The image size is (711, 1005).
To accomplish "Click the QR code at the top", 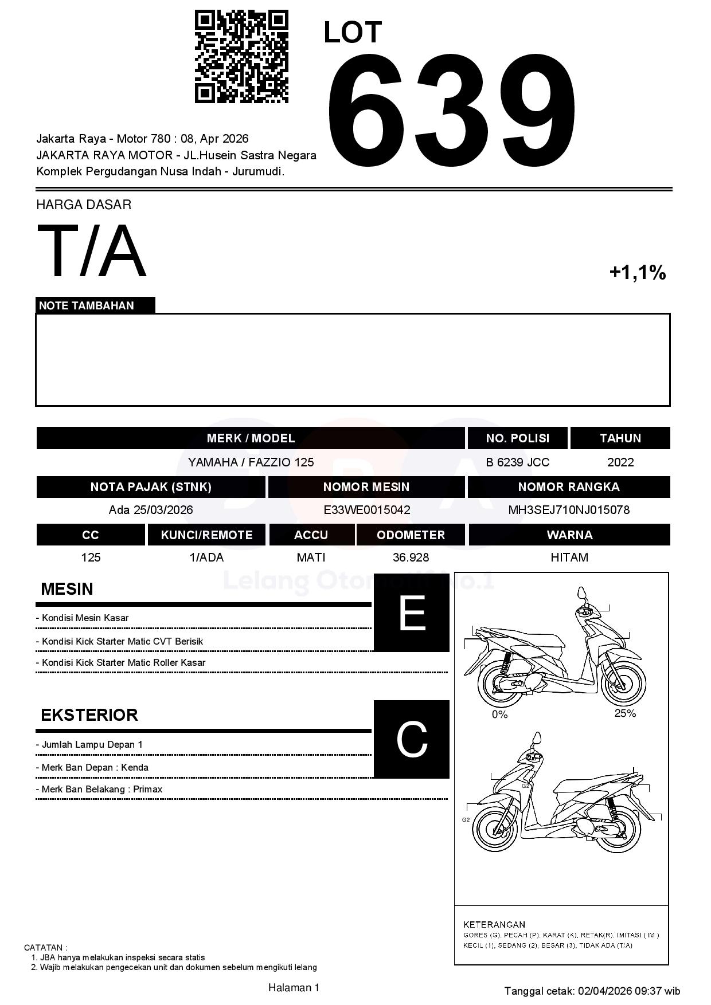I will click(241, 56).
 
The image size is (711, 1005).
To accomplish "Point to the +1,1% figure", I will click(637, 272).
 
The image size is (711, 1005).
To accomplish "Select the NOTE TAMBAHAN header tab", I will click(95, 305).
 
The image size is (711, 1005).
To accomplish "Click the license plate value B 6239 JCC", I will click(517, 462).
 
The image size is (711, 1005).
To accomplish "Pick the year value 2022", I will click(620, 462).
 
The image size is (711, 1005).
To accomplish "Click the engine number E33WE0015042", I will click(366, 510).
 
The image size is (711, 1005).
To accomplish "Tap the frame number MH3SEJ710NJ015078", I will click(569, 510).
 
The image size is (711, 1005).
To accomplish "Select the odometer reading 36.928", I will click(411, 558).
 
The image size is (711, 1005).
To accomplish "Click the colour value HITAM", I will click(569, 558).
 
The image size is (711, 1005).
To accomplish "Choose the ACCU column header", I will click(311, 535).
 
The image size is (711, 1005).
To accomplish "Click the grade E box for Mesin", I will click(411, 613).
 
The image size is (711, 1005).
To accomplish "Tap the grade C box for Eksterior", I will click(411, 739).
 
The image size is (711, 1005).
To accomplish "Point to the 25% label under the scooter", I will click(625, 713).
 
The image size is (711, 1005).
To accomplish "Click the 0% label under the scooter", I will click(499, 715).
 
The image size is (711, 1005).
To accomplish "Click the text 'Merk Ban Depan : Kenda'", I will click(95, 767).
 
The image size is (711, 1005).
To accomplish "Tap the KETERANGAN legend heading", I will click(494, 924).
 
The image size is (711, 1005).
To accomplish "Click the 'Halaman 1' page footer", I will click(294, 987).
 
